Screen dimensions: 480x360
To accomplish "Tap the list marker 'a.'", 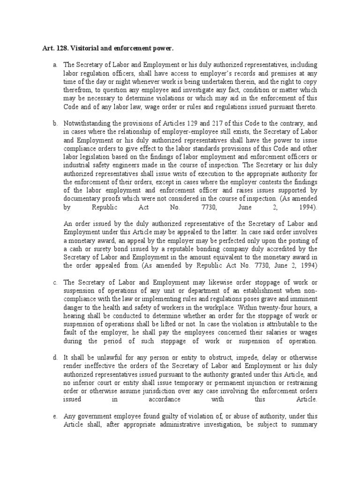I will point(55,64).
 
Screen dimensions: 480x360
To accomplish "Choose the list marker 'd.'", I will point(55,358).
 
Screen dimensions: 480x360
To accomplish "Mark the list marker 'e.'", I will point(55,417).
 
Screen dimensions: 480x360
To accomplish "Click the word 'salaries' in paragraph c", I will point(281,332).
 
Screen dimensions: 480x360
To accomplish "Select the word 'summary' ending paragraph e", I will point(305,425).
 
